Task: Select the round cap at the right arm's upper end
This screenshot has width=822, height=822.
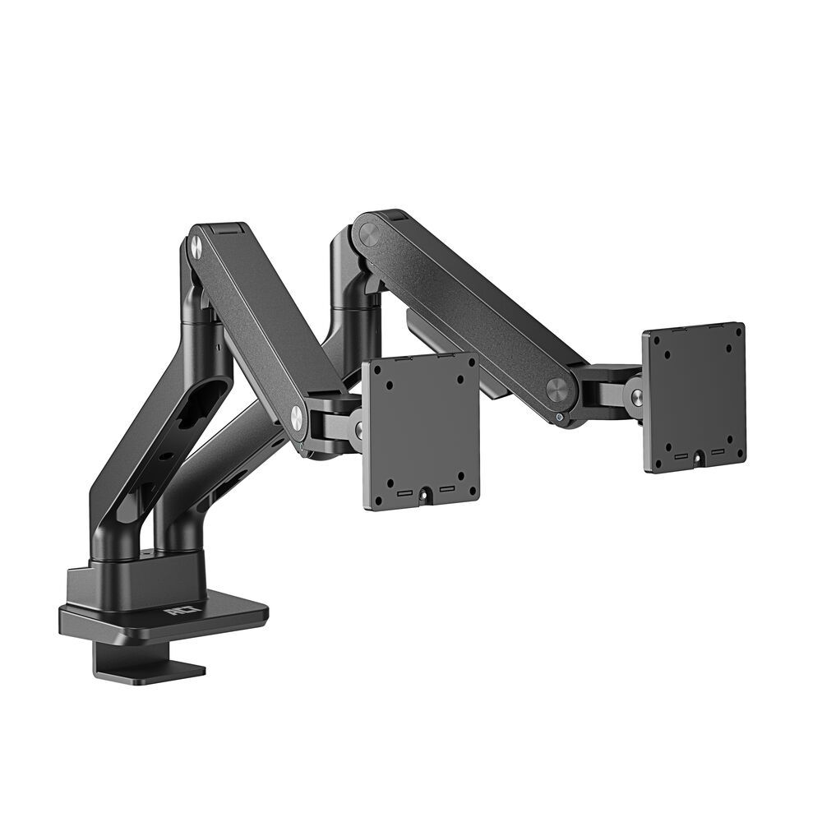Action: click(x=368, y=233)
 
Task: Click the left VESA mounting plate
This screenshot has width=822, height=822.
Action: click(x=421, y=432)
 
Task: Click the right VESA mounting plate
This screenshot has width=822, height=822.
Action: click(x=695, y=397)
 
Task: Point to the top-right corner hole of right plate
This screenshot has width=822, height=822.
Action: click(x=737, y=335)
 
